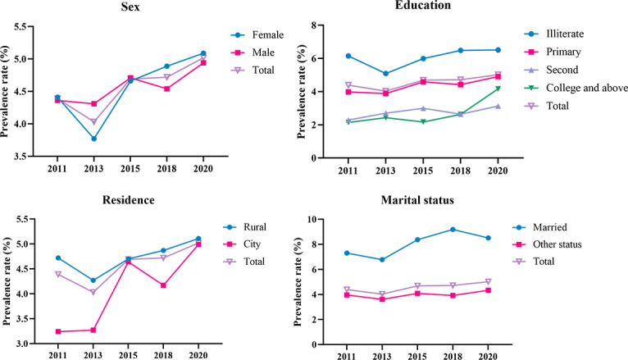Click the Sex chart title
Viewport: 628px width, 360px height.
coord(128,7)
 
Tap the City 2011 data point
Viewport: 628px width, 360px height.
coord(57,331)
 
